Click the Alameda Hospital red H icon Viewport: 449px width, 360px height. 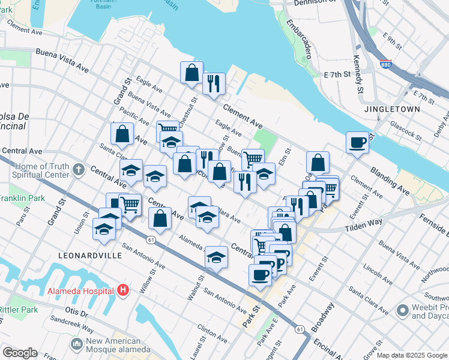pyautogui.click(x=123, y=292)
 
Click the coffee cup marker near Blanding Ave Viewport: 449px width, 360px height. pyautogui.click(x=357, y=143)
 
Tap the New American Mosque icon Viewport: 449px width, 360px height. pyautogui.click(x=76, y=344)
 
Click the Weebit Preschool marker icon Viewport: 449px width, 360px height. pyautogui.click(x=402, y=310)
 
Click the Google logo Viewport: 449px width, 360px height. pyautogui.click(x=19, y=353)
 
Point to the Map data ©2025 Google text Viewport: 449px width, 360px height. pyautogui.click(x=412, y=355)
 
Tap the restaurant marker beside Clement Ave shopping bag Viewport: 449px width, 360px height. pyautogui.click(x=214, y=84)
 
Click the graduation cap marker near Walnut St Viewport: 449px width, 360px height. pyautogui.click(x=216, y=257)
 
